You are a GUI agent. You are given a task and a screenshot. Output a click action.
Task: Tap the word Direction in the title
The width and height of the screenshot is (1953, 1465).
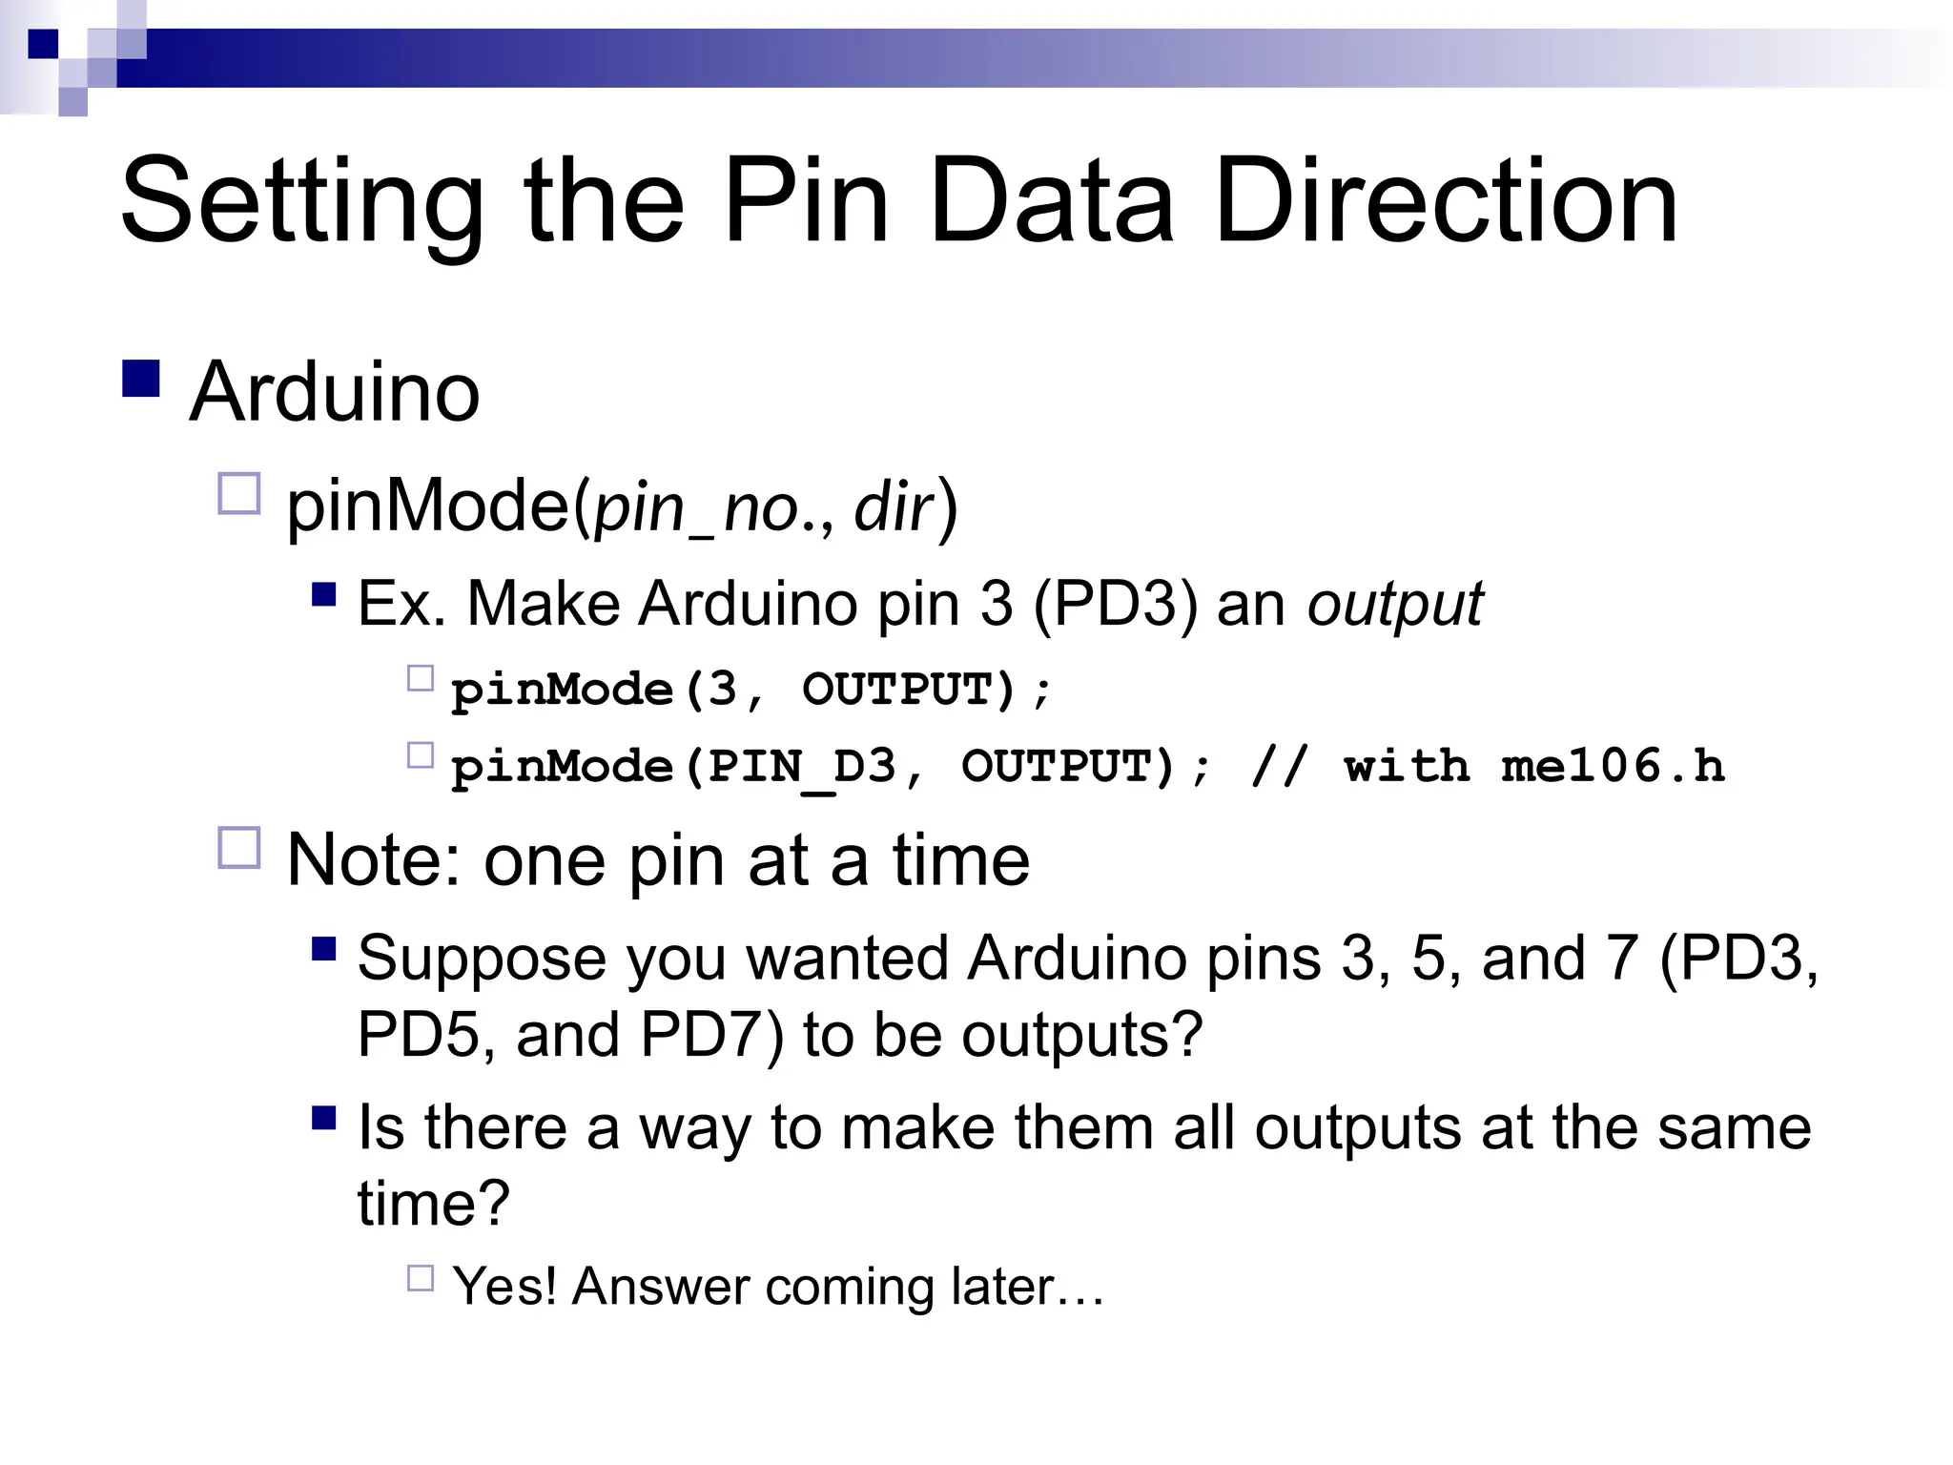(1446, 202)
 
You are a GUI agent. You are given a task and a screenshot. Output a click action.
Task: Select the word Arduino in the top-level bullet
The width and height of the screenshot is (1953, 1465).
(335, 392)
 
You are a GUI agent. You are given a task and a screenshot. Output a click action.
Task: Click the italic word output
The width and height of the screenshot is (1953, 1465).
(1394, 605)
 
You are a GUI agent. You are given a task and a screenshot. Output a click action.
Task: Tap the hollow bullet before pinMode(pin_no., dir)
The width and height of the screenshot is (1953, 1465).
(239, 494)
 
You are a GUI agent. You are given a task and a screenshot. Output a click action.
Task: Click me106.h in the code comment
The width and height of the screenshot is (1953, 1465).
(1613, 766)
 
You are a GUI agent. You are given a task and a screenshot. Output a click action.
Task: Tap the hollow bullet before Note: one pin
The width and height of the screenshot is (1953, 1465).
(239, 847)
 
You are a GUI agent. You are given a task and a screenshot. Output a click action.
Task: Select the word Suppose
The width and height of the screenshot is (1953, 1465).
(482, 959)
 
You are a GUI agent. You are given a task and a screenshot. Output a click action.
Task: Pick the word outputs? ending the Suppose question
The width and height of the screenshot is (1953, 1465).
(1082, 1036)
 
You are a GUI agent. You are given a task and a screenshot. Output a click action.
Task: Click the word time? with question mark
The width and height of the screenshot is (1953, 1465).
(434, 1204)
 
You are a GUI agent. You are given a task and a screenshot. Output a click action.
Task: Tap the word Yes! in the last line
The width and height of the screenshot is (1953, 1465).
(504, 1287)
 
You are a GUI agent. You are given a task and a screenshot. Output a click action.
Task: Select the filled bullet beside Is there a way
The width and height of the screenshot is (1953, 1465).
(324, 1117)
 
